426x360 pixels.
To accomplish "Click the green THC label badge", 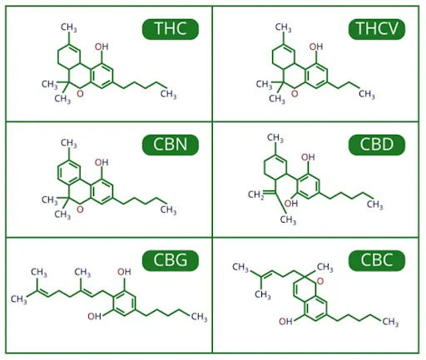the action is (171, 29).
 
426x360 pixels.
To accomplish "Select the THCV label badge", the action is (377, 29).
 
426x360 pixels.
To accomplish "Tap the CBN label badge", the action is (171, 145).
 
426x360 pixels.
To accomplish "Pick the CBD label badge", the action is (377, 145).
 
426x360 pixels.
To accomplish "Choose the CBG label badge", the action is (171, 260).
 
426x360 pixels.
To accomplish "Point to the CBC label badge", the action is (377, 260).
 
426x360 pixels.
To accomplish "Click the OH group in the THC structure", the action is (102, 47).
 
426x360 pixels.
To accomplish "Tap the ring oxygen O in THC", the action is (80, 94).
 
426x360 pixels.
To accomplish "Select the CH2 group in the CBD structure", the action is (255, 195).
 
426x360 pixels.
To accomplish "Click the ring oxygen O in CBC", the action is (320, 281).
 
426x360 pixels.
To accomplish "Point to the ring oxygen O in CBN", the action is (80, 210).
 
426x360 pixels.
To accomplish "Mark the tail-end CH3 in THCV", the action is (367, 94).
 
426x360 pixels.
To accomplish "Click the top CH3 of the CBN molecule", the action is (69, 143).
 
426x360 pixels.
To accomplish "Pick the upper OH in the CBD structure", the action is (308, 157).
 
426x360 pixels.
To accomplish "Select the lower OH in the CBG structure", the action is (94, 316).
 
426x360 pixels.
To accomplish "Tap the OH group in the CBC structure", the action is (285, 322).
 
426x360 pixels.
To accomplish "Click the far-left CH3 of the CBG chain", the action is (19, 299).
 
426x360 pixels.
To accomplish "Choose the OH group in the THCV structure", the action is (316, 47).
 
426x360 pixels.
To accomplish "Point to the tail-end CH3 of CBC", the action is (390, 322).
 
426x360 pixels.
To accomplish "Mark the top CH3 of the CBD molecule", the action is (275, 138).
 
